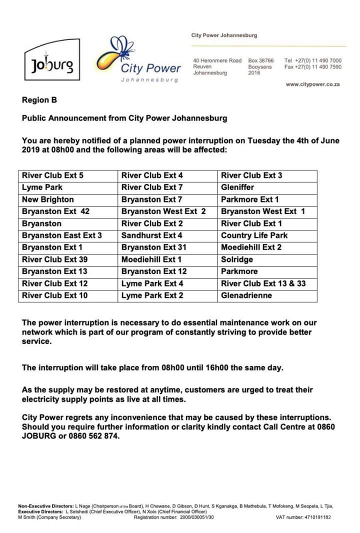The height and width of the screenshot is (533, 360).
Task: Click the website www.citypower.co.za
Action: point(312,84)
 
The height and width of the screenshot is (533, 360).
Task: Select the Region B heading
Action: point(39,100)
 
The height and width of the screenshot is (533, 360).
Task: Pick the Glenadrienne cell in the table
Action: point(246,295)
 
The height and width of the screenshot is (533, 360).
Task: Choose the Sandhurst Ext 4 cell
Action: point(152,235)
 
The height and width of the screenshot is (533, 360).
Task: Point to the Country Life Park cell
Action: point(254,235)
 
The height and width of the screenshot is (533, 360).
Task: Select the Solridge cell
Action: point(237,259)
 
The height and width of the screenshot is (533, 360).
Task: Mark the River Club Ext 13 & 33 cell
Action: point(263,283)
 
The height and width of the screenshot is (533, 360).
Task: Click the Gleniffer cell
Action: point(237,187)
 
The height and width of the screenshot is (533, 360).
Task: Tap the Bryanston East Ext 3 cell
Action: point(62,235)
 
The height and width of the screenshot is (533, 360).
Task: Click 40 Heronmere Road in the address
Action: point(217,60)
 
